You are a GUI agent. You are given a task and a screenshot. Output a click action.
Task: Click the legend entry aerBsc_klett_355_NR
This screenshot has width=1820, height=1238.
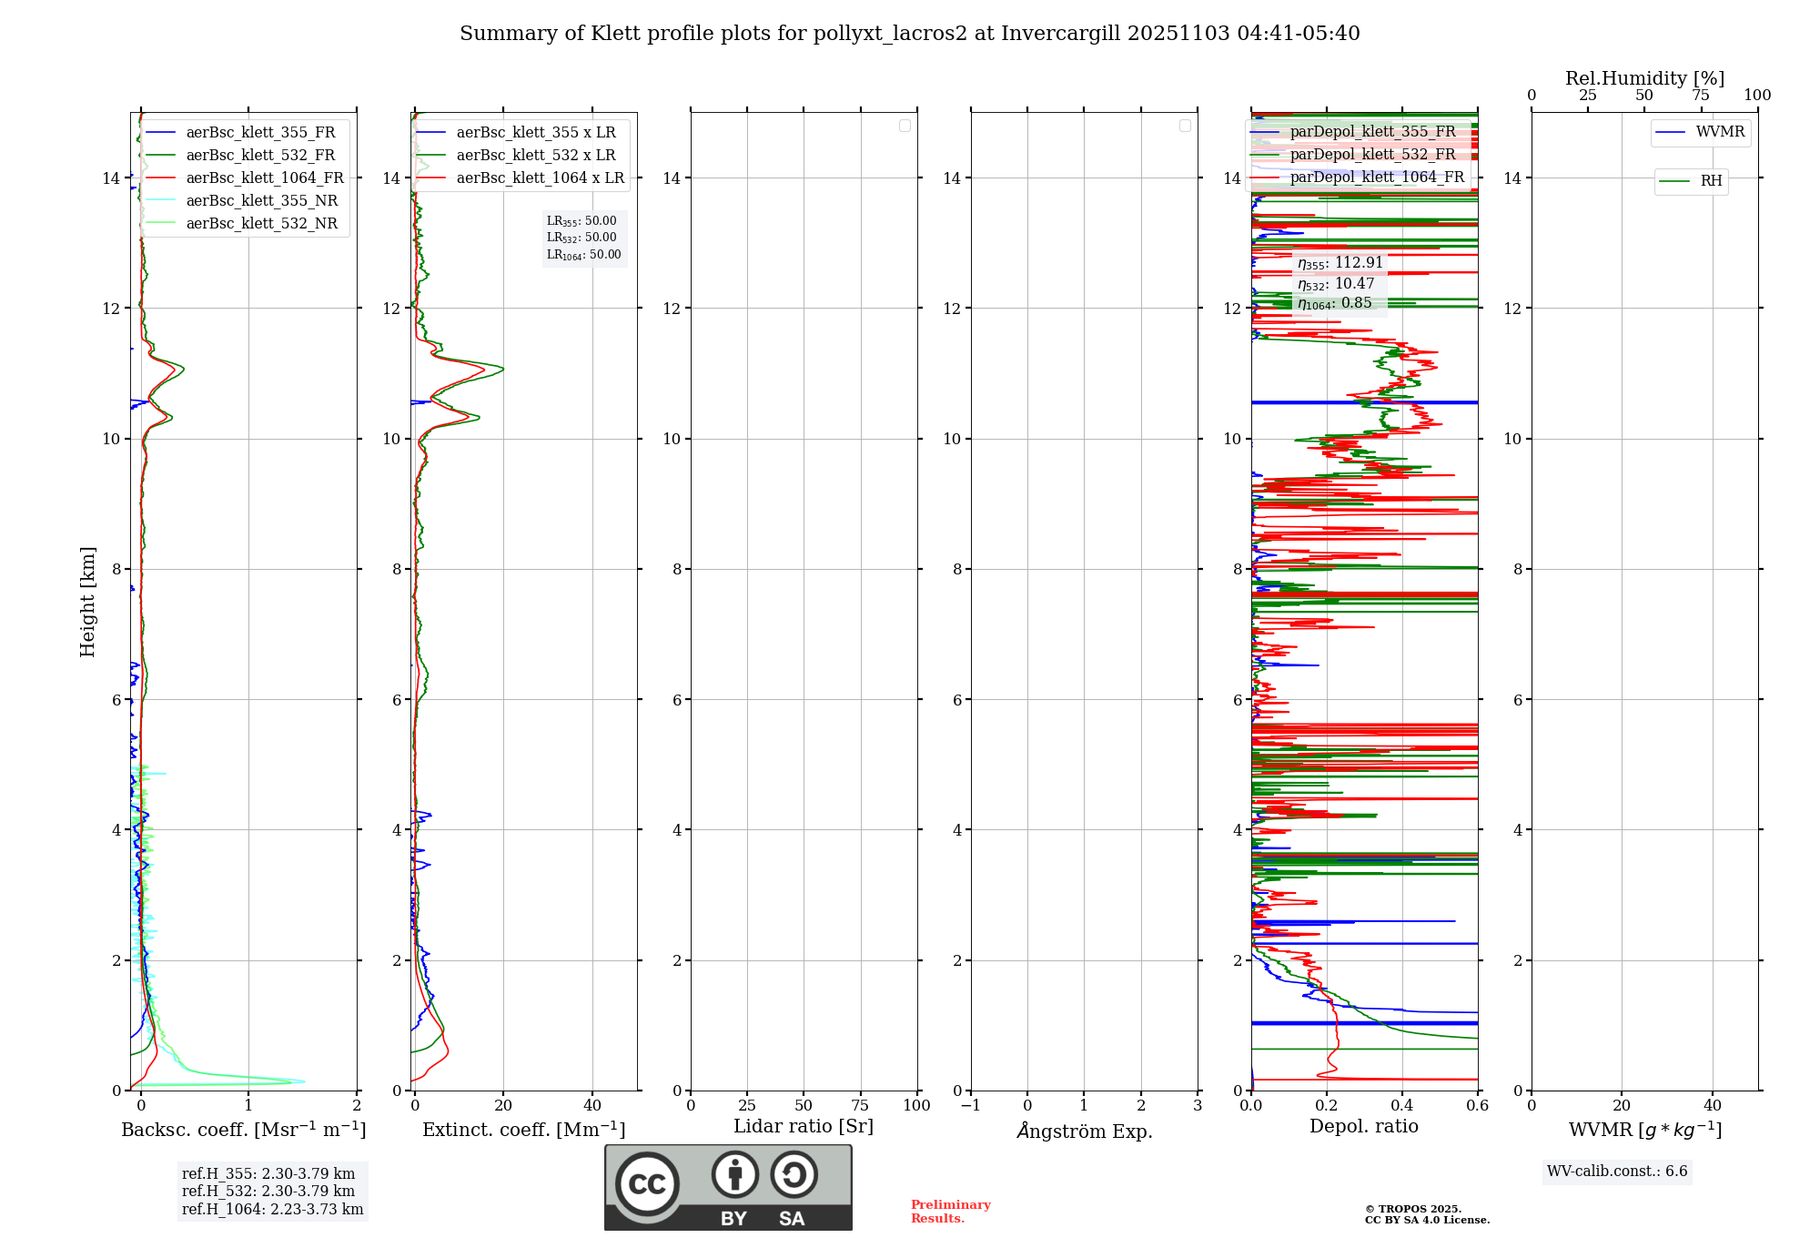coord(261,200)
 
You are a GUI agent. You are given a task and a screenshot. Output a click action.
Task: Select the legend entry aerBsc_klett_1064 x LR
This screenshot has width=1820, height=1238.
coord(540,178)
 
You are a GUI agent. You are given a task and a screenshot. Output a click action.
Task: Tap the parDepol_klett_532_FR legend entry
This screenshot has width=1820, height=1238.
coord(1372,154)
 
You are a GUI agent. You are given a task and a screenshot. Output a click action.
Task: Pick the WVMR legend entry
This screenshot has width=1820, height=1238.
coord(1720,132)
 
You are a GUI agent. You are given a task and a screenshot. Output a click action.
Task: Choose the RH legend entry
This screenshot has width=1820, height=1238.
coord(1711,181)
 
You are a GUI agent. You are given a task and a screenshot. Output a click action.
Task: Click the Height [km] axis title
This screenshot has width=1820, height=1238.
coord(87,601)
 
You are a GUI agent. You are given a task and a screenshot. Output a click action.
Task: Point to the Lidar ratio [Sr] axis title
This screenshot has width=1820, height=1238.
coord(804,1126)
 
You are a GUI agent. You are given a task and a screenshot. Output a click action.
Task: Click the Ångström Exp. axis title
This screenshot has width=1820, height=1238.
coord(1084,1131)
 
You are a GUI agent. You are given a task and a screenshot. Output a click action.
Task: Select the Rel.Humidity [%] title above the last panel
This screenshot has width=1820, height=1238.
coord(1644,78)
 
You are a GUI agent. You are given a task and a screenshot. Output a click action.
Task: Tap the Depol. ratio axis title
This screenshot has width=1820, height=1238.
coord(1363,1126)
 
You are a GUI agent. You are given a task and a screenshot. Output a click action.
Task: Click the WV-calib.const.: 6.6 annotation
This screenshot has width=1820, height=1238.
coord(1617,1171)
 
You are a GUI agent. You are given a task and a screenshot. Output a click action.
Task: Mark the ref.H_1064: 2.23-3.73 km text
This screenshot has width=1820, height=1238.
coord(272,1209)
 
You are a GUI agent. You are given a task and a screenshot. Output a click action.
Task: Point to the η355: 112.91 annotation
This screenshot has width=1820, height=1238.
coord(1340,263)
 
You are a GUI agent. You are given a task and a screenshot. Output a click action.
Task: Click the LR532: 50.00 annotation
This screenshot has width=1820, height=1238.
coord(581,238)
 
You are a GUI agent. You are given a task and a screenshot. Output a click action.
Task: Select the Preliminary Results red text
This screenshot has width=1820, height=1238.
coord(950,1211)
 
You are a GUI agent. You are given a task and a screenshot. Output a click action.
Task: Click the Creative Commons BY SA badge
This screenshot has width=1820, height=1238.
coord(728,1187)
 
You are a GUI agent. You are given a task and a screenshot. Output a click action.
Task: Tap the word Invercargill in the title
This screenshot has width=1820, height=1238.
coord(1060,34)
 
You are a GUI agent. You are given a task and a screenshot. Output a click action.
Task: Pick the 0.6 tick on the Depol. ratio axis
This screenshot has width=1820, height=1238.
coord(1477,1105)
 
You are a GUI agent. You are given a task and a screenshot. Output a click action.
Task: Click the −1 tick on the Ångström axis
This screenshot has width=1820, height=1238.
coord(971,1105)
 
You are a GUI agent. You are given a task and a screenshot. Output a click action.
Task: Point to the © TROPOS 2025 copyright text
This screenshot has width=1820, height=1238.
coord(1412,1209)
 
